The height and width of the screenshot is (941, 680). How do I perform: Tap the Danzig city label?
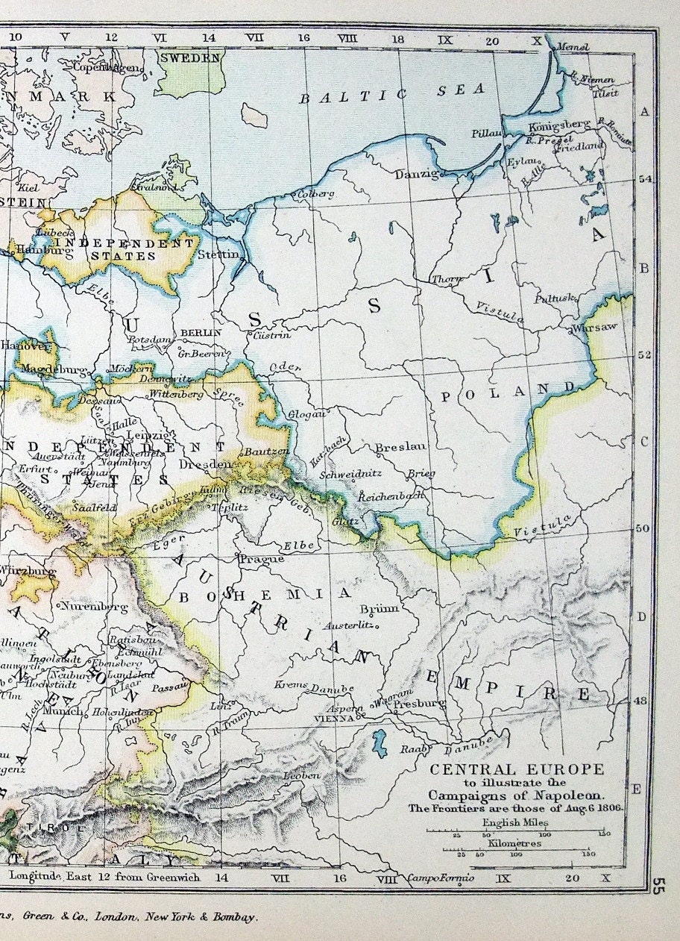point(414,173)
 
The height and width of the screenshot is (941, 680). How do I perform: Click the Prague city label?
point(261,558)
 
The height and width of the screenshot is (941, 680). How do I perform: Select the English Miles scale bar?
point(514,831)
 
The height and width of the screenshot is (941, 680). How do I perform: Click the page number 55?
point(658,886)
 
